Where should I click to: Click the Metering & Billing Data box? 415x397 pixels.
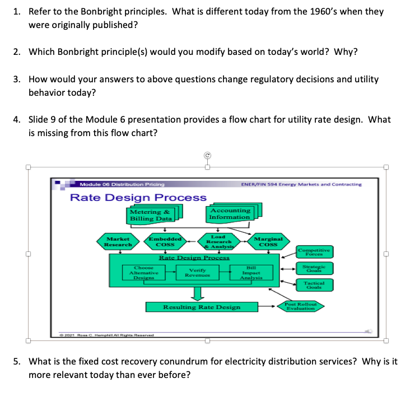tap(150, 215)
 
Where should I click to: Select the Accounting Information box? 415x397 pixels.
tap(230, 213)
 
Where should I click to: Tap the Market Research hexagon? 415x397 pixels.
tap(118, 242)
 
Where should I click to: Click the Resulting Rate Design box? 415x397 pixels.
tap(202, 307)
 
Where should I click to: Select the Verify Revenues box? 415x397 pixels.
tap(195, 272)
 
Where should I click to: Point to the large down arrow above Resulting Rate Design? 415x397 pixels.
tap(196, 292)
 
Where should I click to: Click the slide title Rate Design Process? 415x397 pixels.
tap(138, 197)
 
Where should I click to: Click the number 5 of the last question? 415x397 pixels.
tap(17, 361)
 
